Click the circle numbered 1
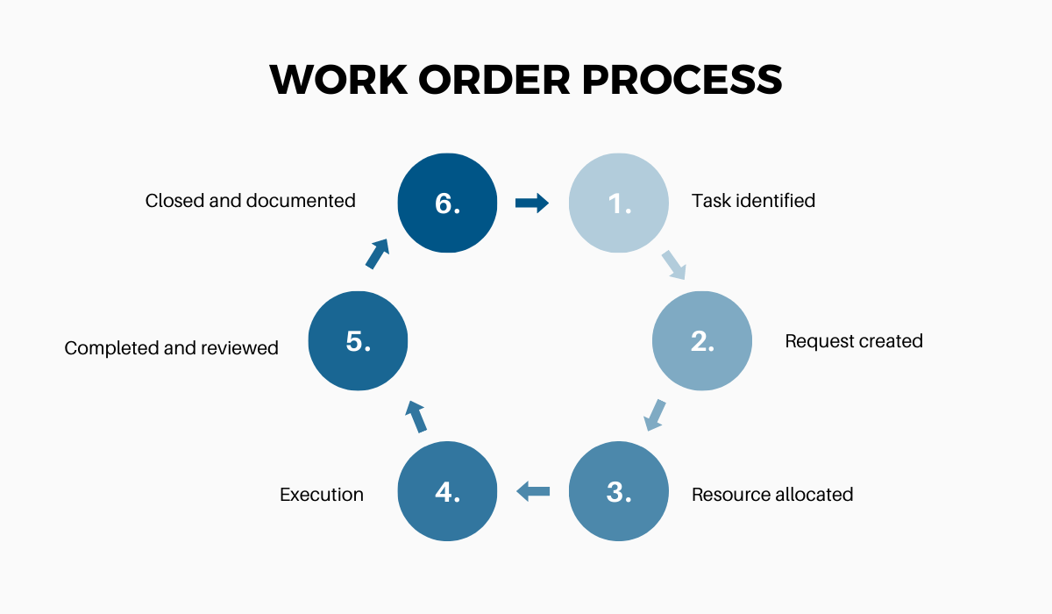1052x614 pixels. [x=619, y=203]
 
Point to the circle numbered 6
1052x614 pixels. [x=447, y=203]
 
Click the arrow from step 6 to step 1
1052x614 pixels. [x=532, y=203]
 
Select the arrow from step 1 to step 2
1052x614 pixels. [x=672, y=264]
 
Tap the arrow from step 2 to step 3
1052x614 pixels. [x=655, y=415]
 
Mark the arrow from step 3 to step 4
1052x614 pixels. [x=533, y=490]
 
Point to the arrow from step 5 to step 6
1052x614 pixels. [x=376, y=253]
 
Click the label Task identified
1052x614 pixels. [x=753, y=201]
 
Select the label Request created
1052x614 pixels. [x=854, y=341]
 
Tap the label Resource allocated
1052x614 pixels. [x=772, y=495]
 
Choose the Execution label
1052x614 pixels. [x=322, y=495]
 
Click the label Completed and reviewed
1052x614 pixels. [x=172, y=348]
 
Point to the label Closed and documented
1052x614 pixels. [x=251, y=201]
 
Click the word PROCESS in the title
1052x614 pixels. [x=682, y=80]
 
